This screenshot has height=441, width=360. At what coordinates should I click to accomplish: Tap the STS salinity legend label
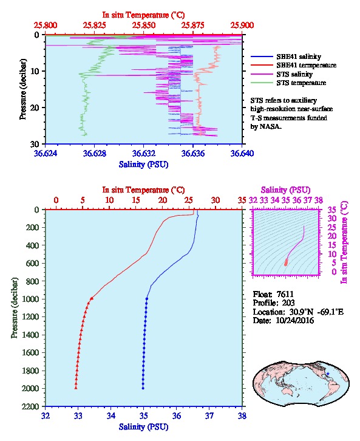(294, 74)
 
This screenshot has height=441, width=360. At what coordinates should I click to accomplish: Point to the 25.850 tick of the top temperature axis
(144, 26)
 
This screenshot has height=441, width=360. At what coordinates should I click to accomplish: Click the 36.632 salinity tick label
(144, 153)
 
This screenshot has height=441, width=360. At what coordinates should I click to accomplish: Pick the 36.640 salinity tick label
(242, 153)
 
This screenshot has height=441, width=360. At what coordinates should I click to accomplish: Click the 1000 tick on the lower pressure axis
(31, 299)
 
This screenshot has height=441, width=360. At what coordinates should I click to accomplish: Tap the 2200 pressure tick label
(31, 406)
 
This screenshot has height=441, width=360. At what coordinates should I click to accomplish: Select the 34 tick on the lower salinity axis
(110, 415)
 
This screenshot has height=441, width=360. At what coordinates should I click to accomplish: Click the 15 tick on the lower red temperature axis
(136, 200)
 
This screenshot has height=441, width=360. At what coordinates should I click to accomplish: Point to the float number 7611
(285, 294)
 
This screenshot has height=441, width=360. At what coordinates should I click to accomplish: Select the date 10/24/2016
(295, 320)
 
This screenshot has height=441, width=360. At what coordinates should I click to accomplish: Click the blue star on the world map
(328, 374)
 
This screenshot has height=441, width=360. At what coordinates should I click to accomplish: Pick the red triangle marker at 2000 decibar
(76, 388)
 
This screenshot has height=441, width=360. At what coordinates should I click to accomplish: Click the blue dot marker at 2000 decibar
(143, 388)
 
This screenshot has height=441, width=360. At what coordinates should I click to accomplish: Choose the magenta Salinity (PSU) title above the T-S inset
(285, 190)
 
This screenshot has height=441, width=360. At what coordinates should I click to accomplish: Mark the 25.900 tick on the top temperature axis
(242, 26)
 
